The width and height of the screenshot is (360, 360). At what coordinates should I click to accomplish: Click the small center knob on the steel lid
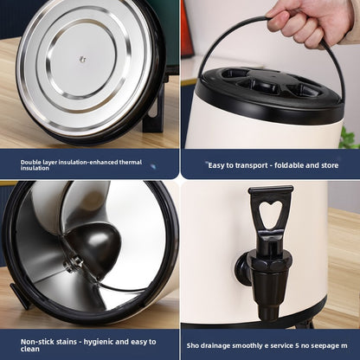(83, 59)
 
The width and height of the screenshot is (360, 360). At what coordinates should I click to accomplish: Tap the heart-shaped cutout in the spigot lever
(270, 215)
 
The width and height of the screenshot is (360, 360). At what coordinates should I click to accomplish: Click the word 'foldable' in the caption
(289, 165)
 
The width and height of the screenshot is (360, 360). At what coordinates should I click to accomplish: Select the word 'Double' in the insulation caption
(29, 162)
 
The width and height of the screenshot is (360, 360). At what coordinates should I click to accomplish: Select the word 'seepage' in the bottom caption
(325, 345)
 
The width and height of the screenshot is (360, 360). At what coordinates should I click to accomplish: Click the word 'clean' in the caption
(30, 349)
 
